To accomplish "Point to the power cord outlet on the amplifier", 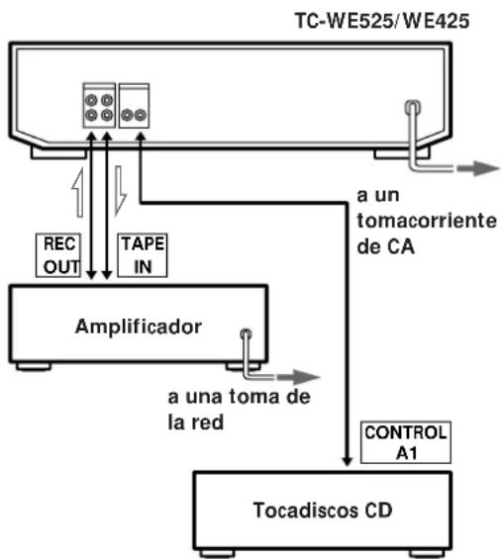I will click(x=245, y=334).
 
